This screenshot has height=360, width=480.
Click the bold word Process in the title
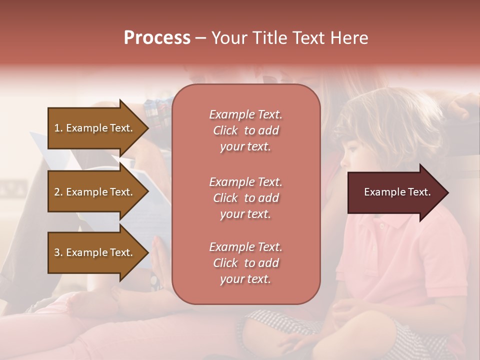[x=157, y=38]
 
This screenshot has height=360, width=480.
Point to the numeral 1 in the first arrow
[x=56, y=128]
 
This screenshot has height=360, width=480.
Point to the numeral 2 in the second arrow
[x=57, y=192]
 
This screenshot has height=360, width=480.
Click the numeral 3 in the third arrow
[x=57, y=252]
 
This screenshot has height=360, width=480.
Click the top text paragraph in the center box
[x=245, y=130]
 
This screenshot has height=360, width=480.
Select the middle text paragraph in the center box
[x=245, y=198]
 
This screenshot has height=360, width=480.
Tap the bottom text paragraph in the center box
[x=245, y=263]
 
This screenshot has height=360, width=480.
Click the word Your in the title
[x=228, y=38]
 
